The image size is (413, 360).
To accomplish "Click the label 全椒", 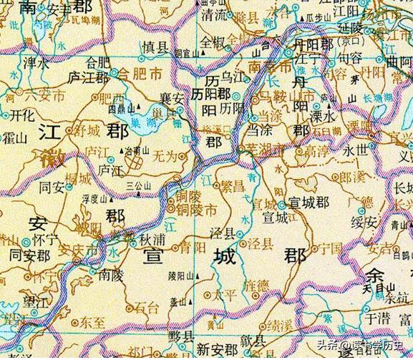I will (x=213, y=41).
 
